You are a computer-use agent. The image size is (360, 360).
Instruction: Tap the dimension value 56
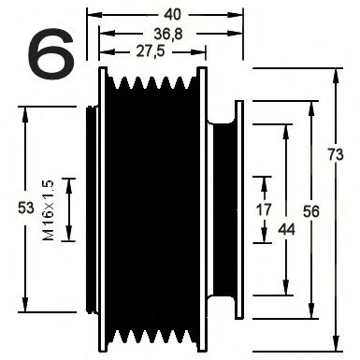click(x=311, y=210)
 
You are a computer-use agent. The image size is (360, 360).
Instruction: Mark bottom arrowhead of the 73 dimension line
click(x=333, y=344)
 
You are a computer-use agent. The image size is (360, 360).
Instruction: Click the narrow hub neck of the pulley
click(x=223, y=209)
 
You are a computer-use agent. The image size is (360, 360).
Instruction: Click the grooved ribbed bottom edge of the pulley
click(x=150, y=337)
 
